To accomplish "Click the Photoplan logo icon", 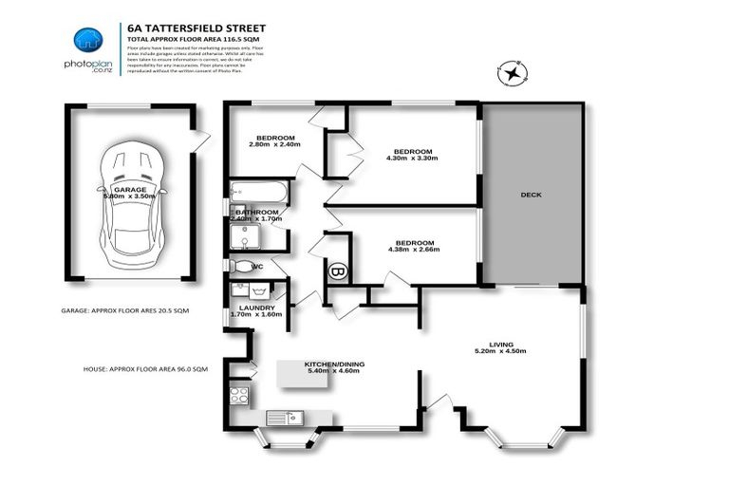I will tap(88, 41).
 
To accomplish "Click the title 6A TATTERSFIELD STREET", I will tap(189, 28).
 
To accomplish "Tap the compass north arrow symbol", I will tap(514, 72).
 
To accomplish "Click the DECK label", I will tap(531, 196).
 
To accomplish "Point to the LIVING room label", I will tap(500, 346).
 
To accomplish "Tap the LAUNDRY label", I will tap(257, 308).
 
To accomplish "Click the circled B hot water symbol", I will tap(337, 271).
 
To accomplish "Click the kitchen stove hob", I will tap(239, 395).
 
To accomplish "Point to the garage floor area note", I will tap(125, 310).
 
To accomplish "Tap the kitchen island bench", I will tap(303, 374).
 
